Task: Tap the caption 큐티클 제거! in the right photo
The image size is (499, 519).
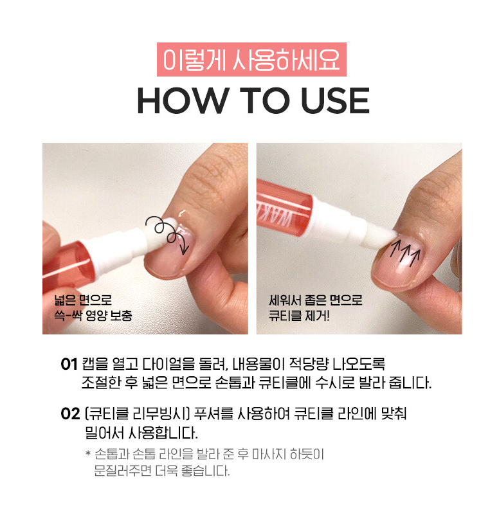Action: point(300,316)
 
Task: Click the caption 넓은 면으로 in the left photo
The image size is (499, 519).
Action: point(83,300)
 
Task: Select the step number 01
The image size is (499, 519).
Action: point(69,365)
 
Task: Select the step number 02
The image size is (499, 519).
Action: point(69,414)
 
